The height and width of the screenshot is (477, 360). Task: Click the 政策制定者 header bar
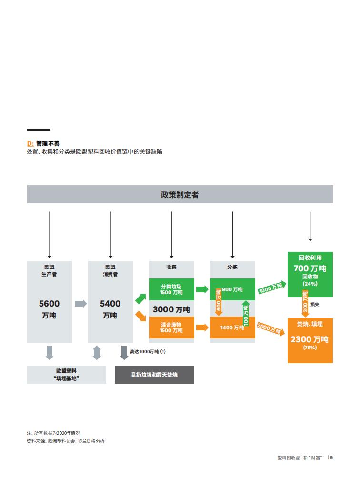tap(180, 194)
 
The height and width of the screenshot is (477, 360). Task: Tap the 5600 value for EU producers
tap(50, 304)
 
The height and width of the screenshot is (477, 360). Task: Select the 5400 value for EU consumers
tap(110, 304)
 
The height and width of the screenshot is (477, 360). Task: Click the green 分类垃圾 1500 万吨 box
tap(171, 289)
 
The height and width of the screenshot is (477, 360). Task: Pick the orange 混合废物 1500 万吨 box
tap(171, 328)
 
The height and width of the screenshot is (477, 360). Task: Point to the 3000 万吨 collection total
tap(171, 309)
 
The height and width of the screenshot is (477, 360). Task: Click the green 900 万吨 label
tap(232, 289)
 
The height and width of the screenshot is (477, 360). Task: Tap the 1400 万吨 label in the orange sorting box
tap(232, 328)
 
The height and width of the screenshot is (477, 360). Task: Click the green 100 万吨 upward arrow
tap(246, 313)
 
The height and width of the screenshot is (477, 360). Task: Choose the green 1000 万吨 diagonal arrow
tap(272, 287)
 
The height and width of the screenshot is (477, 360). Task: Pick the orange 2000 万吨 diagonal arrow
tap(270, 329)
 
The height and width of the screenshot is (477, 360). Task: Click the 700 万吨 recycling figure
tap(310, 268)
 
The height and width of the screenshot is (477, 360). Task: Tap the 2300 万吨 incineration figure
tap(310, 339)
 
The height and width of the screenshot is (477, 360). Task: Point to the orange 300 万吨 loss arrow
tap(305, 304)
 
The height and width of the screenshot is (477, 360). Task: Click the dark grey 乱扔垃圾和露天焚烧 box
tap(154, 375)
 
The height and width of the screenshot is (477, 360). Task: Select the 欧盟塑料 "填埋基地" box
tap(66, 375)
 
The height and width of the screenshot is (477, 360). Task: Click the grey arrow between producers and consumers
tap(80, 304)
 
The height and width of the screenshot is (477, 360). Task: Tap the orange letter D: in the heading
tap(30, 144)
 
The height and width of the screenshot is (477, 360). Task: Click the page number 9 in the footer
tap(331, 457)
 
